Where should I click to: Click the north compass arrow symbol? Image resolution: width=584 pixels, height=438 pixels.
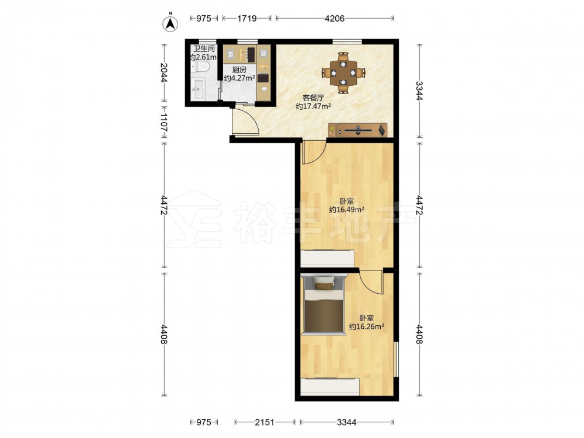[x=170, y=23]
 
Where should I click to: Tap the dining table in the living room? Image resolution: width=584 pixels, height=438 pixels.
[x=343, y=72]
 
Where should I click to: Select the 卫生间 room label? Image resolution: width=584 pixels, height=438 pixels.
[x=204, y=49]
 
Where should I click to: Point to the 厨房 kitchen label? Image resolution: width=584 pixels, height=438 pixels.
[x=239, y=69]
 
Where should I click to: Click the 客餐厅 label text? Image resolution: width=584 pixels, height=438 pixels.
[x=313, y=98]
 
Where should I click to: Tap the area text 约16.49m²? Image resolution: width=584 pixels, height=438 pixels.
[x=346, y=209]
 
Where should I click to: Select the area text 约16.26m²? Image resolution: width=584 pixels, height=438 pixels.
[x=367, y=326]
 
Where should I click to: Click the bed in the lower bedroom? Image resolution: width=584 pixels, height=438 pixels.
[x=324, y=304]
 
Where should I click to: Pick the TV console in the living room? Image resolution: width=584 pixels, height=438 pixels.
[x=359, y=130]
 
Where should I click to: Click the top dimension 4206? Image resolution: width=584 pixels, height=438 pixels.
[x=335, y=18]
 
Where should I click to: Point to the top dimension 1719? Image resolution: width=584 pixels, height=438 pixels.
[x=247, y=18]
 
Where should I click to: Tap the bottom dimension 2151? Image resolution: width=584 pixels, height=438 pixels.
[x=265, y=422]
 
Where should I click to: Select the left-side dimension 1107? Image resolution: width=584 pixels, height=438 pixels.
[x=164, y=122]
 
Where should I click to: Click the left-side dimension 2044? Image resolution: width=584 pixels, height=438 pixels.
[x=164, y=72]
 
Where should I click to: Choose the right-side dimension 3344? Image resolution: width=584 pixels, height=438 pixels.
[x=419, y=91]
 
